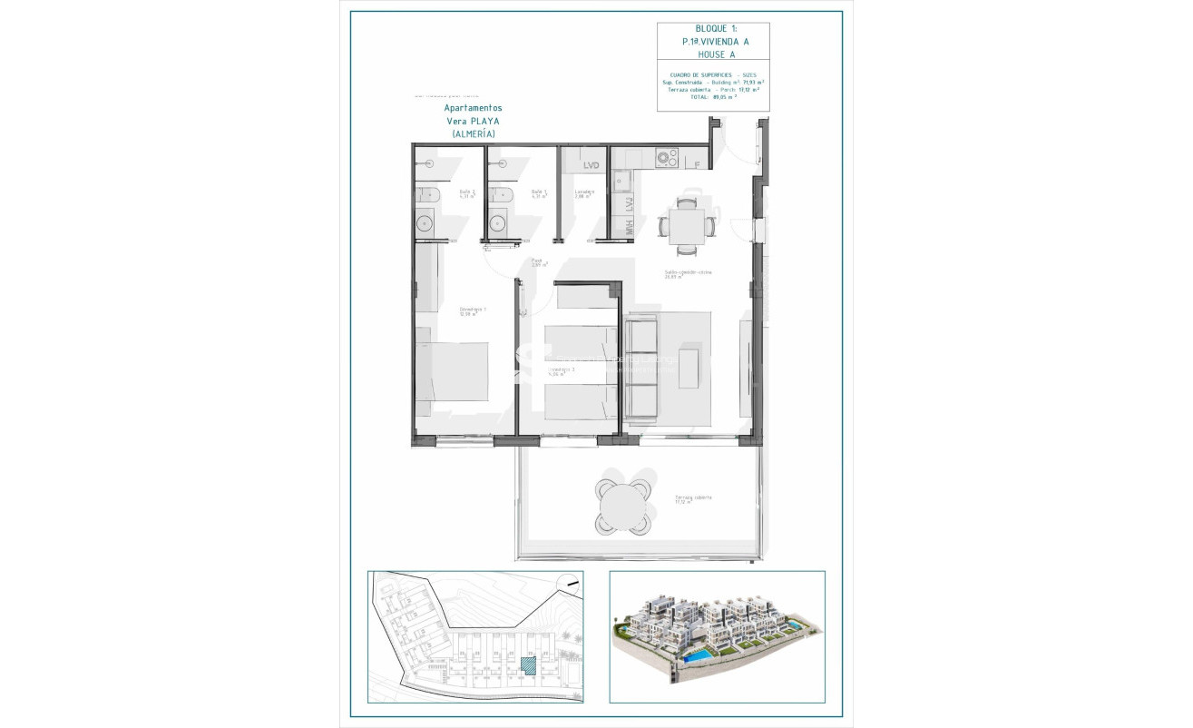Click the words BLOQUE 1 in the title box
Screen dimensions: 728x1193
[x=711, y=29]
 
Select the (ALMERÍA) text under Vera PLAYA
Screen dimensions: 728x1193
[x=474, y=133]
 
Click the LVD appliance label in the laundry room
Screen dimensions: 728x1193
[x=592, y=165]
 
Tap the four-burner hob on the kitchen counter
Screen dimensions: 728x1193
[x=668, y=158]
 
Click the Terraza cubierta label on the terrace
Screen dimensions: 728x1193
[x=692, y=497]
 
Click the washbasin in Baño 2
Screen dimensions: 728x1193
[x=425, y=222]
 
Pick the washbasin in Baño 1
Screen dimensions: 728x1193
[x=497, y=222]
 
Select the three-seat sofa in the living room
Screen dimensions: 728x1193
[x=642, y=367]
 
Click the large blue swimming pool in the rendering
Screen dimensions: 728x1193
[x=698, y=654]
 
